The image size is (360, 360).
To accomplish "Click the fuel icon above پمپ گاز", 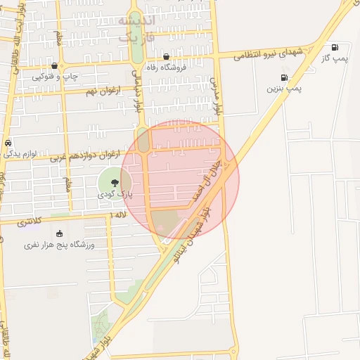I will tap(334, 46).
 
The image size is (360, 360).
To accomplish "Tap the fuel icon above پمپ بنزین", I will tap(284, 77).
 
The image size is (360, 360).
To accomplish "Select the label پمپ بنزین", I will tap(284, 89).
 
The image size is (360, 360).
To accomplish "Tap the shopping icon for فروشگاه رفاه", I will tap(166, 57).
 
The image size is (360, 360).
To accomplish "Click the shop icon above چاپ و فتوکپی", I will tap(55, 65).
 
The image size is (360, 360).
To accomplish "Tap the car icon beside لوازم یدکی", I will tap(8, 142).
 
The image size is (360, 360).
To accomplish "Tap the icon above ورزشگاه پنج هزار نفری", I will tap(58, 233).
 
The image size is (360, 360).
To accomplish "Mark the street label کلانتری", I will tap(29, 222).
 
